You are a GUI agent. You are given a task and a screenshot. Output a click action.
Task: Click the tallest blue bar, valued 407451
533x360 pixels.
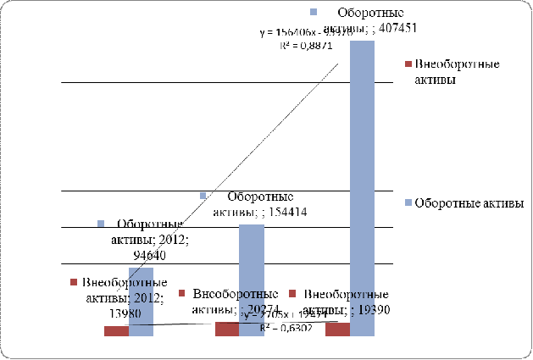point(362,186)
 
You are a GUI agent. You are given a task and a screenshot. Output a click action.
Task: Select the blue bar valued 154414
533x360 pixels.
point(251,280)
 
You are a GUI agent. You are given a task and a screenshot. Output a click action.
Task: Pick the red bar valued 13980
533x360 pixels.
point(116,331)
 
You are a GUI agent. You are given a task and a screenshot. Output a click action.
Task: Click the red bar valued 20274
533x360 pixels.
point(226,329)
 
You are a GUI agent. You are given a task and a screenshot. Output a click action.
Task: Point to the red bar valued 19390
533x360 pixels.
point(337,329)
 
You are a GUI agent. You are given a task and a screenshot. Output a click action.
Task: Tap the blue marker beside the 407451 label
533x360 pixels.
point(314,13)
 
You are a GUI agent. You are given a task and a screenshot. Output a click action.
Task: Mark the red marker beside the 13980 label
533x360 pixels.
point(73,282)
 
